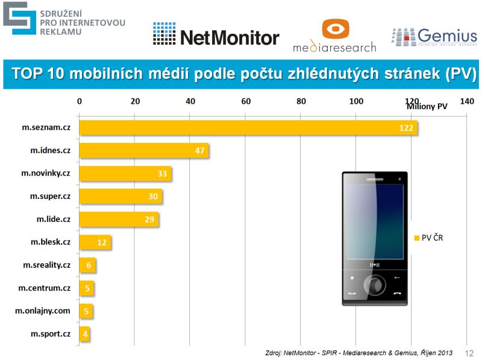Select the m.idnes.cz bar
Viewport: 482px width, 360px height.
pyautogui.click(x=144, y=151)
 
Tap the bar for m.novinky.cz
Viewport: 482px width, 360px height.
pyautogui.click(x=125, y=174)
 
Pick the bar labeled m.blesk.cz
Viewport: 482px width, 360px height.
pyautogui.click(x=95, y=242)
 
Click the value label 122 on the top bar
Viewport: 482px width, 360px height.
pyautogui.click(x=405, y=128)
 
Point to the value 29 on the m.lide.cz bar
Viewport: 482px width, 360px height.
pyautogui.click(x=149, y=219)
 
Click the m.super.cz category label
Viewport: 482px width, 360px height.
pyautogui.click(x=50, y=197)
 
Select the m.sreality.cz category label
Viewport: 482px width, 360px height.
pyautogui.click(x=46, y=265)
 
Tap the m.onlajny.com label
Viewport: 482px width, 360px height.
pyautogui.click(x=43, y=311)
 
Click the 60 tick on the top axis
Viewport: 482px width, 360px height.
pyautogui.click(x=246, y=101)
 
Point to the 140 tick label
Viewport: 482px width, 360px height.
pyautogui.click(x=467, y=101)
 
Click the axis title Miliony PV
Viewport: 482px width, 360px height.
pyautogui.click(x=427, y=107)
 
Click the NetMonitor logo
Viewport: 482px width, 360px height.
pyautogui.click(x=216, y=37)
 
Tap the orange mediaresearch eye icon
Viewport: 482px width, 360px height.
pyautogui.click(x=335, y=29)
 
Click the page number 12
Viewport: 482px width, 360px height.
pyautogui.click(x=469, y=352)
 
